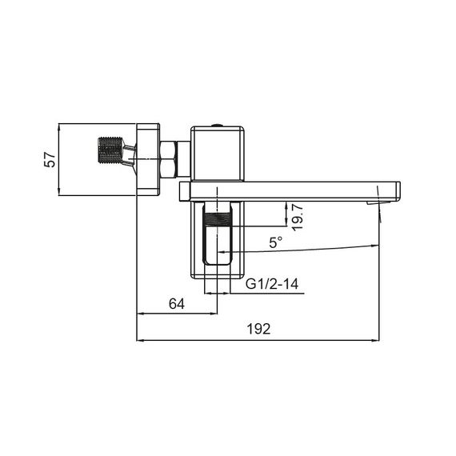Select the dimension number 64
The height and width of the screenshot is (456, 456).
point(178,303)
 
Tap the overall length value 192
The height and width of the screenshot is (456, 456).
point(259,329)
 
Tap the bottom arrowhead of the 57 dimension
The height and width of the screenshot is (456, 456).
point(60,192)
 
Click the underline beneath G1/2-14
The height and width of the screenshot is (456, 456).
point(272,294)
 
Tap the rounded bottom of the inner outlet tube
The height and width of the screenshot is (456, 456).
point(217,261)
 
